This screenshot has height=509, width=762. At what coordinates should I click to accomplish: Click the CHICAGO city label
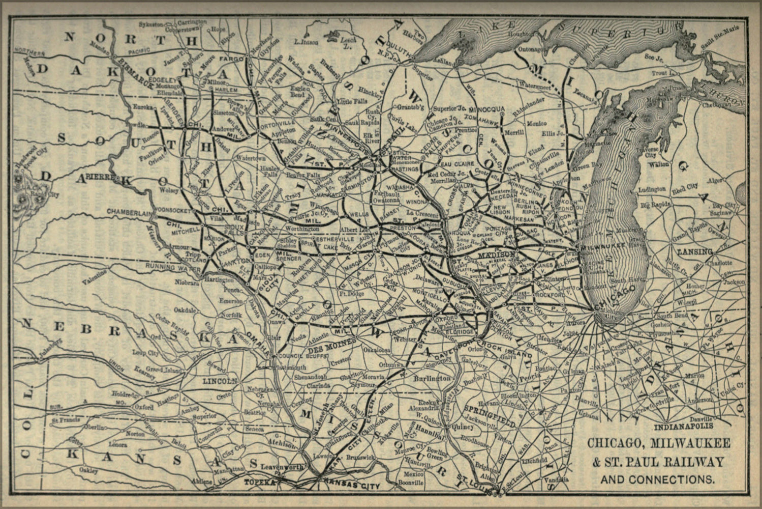click(614, 297)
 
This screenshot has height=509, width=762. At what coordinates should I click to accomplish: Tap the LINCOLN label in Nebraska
click(220, 381)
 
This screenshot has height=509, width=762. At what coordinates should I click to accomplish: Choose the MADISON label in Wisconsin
click(496, 254)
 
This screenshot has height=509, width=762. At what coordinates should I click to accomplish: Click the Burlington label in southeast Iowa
click(432, 379)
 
